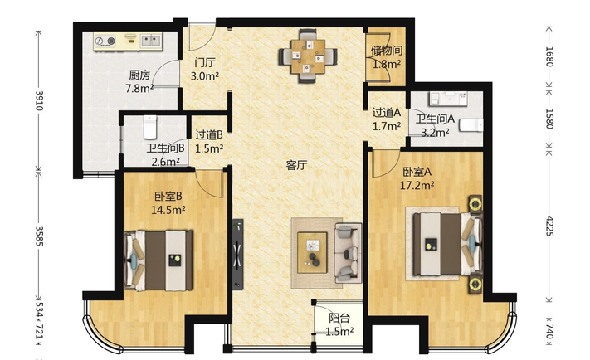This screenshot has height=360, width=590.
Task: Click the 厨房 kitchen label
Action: pyautogui.click(x=139, y=75)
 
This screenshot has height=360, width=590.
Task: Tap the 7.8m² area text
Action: pyautogui.click(x=139, y=89)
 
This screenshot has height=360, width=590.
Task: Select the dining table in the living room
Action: pyautogui.click(x=308, y=56)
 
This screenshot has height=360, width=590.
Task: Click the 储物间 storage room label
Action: pyautogui.click(x=387, y=51)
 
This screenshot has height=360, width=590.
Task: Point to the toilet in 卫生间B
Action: pyautogui.click(x=149, y=127)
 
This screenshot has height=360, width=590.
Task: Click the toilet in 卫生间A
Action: pyautogui.click(x=471, y=125)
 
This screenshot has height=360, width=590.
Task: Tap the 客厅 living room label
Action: pyautogui.click(x=296, y=165)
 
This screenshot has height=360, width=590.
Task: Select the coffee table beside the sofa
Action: pyautogui.click(x=312, y=252)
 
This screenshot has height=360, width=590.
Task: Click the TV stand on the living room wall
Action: pyautogui.click(x=237, y=255)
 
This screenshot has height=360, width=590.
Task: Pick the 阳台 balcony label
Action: pyautogui.click(x=339, y=319)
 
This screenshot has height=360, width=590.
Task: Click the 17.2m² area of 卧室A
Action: pyautogui.click(x=417, y=185)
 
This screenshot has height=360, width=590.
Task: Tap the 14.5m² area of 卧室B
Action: pyautogui.click(x=168, y=210)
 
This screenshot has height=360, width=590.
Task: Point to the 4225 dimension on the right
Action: pyautogui.click(x=549, y=226)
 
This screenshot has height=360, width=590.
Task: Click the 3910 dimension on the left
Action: pyautogui.click(x=39, y=100)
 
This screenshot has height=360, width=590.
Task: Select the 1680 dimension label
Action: pyautogui.click(x=549, y=56)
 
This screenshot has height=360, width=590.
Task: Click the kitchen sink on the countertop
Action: pyautogui.click(x=151, y=41)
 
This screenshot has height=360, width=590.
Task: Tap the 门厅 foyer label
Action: pyautogui.click(x=205, y=62)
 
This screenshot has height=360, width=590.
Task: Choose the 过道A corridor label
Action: pyautogui.click(x=387, y=113)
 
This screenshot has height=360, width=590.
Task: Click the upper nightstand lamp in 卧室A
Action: pyautogui.click(x=475, y=204)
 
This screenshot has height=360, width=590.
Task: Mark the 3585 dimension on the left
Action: pyautogui.click(x=39, y=236)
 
